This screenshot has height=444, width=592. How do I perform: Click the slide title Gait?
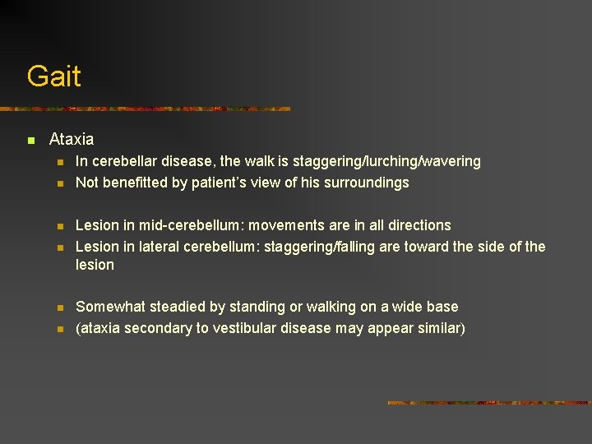tap(53, 76)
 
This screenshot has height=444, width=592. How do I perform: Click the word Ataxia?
tap(72, 140)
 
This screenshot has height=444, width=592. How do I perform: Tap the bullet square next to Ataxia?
tap(30, 141)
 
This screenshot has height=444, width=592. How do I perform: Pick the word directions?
tap(414, 225)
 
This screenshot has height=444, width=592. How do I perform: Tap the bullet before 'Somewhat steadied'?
tap(59, 308)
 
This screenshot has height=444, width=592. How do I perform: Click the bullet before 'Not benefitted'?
tap(59, 183)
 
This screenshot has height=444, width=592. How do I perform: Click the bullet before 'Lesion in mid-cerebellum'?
tap(59, 226)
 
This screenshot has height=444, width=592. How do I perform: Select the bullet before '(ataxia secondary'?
tap(59, 329)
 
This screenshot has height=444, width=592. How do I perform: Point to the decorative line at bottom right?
tap(488, 403)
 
